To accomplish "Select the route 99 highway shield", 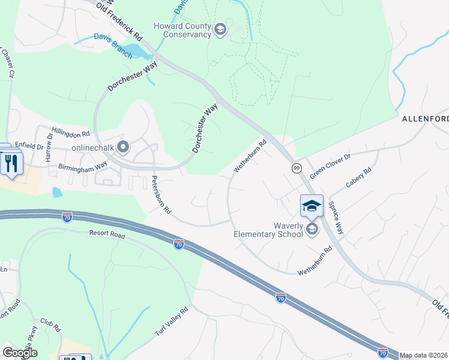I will pyautogui.click(x=297, y=169).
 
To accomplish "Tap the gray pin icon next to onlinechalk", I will pyautogui.click(x=124, y=146).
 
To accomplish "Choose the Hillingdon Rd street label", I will pyautogui.click(x=70, y=131).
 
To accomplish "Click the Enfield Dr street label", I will pyautogui.click(x=29, y=146).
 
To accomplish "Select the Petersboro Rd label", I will pyautogui.click(x=161, y=195).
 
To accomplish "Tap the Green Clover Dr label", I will pyautogui.click(x=330, y=164).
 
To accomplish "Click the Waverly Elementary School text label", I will pyautogui.click(x=268, y=229).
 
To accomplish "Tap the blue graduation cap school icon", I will pyautogui.click(x=312, y=206).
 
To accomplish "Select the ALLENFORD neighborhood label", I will pyautogui.click(x=425, y=119).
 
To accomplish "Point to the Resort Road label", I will pyautogui.click(x=107, y=235).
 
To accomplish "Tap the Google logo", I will pyautogui.click(x=20, y=352).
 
